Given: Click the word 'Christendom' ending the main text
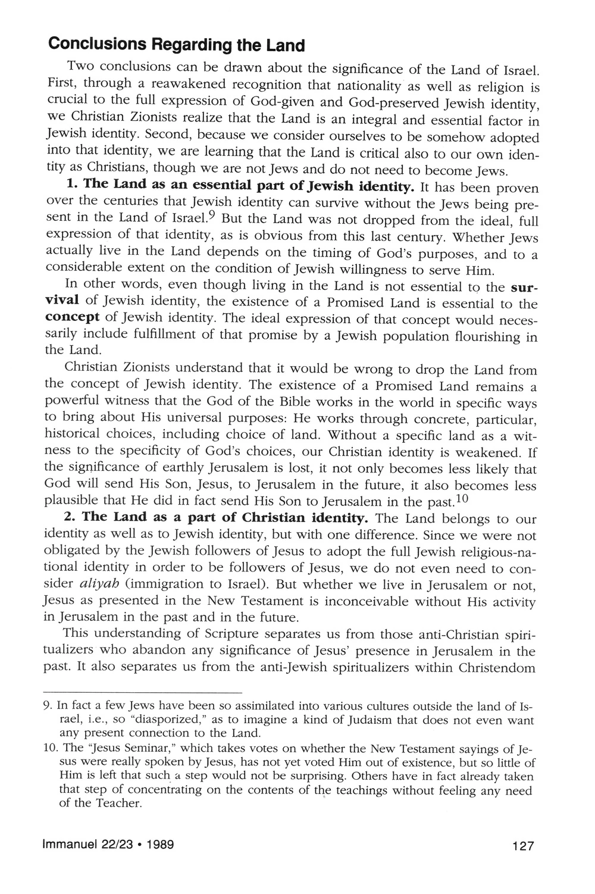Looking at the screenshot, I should coord(498,667).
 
